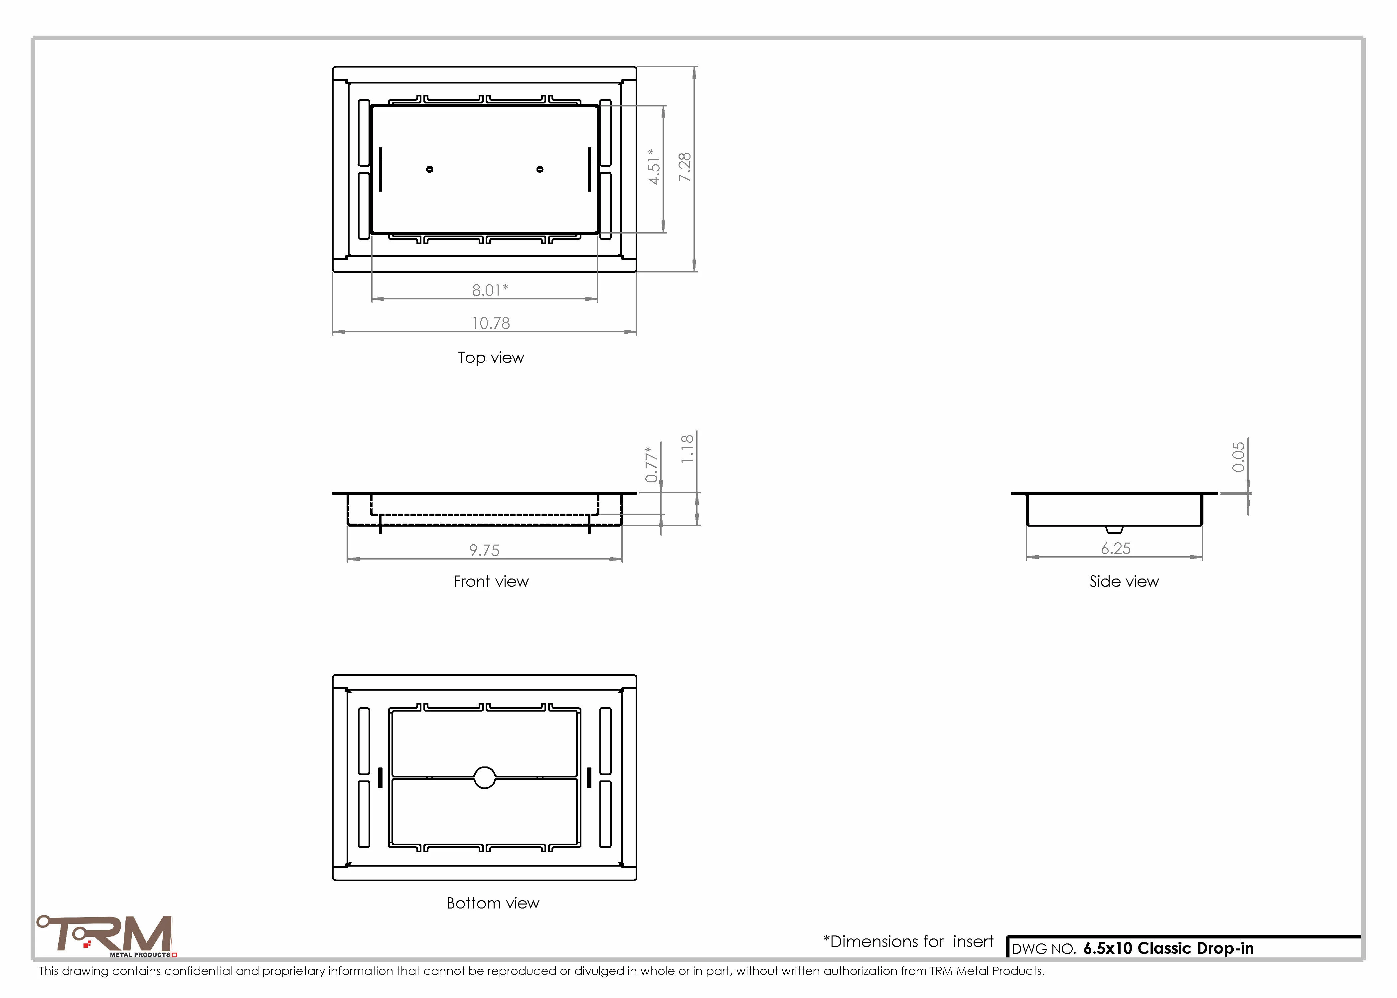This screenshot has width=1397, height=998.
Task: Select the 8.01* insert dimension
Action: (x=490, y=290)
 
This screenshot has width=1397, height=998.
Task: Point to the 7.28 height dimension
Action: (x=685, y=167)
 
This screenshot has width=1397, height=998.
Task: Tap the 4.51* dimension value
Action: (x=654, y=166)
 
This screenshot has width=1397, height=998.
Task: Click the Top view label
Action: (x=491, y=358)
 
